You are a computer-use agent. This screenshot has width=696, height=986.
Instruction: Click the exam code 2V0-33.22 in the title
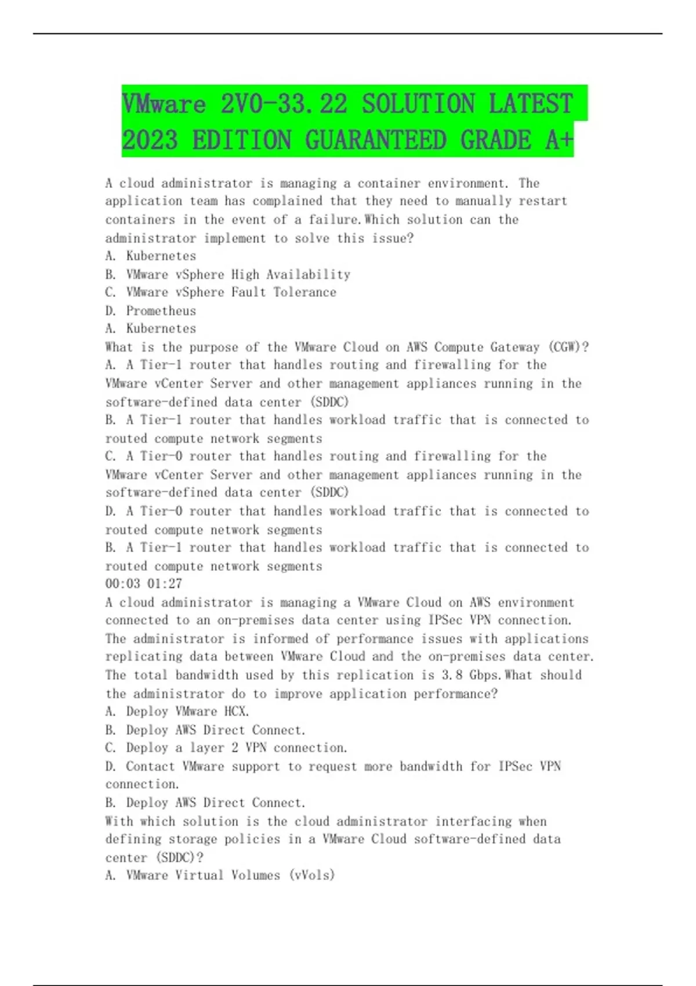[x=284, y=104]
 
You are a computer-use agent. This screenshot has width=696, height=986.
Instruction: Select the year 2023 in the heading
[x=150, y=140]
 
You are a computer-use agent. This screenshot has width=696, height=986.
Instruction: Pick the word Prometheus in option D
[x=161, y=311]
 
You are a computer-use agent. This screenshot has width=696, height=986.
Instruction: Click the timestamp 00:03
[x=122, y=584]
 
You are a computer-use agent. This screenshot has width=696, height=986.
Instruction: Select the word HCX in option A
[x=235, y=712]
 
